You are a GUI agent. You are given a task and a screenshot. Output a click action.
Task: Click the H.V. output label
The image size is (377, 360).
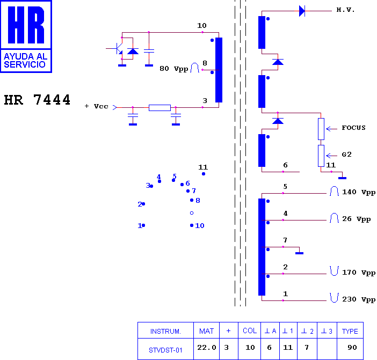[x=345, y=10]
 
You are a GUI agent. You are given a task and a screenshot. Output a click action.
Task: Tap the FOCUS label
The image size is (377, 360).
[x=353, y=128]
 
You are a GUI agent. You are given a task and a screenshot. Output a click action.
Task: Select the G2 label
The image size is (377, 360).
[x=347, y=155]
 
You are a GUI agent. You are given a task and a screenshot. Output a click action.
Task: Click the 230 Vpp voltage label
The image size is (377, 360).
[x=359, y=299]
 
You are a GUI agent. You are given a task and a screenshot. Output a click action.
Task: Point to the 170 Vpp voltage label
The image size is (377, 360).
[x=359, y=273]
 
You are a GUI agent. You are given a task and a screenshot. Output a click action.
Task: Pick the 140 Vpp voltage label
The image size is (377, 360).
[x=359, y=192]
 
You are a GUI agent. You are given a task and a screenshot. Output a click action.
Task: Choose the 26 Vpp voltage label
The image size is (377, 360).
[x=356, y=219]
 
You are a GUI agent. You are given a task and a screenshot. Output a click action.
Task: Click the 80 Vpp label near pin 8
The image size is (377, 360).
[x=174, y=69]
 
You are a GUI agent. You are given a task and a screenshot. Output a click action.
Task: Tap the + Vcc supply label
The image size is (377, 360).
[x=97, y=106]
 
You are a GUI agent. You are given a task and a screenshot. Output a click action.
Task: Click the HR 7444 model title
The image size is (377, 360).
[x=37, y=100]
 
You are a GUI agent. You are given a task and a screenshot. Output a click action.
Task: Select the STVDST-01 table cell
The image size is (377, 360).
[x=165, y=350]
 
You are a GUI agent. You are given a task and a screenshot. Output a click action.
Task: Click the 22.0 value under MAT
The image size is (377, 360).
[x=207, y=347]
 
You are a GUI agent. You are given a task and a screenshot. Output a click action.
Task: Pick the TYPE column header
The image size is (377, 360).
[x=350, y=331]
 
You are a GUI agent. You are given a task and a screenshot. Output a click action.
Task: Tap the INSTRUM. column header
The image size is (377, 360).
[x=165, y=332]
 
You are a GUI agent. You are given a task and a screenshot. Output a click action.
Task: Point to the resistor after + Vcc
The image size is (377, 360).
[x=160, y=108]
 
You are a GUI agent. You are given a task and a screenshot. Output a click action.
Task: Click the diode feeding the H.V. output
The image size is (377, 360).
[x=302, y=11]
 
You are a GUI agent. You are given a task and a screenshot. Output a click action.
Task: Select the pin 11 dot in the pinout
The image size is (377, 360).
[x=204, y=174]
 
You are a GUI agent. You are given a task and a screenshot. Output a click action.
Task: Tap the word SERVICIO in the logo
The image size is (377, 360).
[x=25, y=64]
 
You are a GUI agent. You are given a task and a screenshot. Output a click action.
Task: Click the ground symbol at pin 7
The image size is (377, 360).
[x=299, y=253]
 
